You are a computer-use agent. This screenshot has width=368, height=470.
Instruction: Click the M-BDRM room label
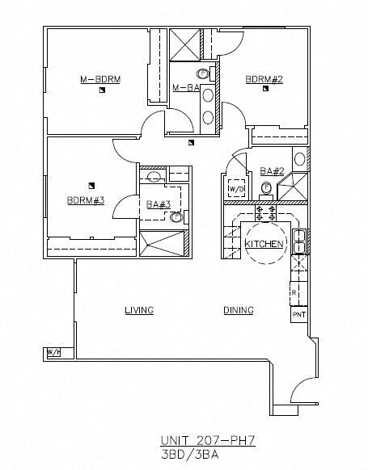coord(100,79)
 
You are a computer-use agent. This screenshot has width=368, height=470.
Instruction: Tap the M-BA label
coord(186,87)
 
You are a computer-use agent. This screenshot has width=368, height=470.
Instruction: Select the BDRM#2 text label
coord(264,79)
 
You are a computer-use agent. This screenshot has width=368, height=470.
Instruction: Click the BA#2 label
coord(271,170)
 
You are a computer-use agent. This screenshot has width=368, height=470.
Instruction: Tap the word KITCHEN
coord(264,243)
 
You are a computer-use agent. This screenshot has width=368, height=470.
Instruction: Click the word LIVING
coord(139,310)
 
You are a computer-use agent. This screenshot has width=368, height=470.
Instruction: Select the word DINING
coord(239,310)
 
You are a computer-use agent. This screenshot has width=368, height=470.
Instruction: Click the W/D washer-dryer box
coord(236,189)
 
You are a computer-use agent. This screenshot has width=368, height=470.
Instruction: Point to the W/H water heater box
coord(53,353)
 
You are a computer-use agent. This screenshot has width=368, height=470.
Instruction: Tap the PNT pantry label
coord(298,315)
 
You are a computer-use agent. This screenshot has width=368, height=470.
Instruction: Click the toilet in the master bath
coord(203,73)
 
